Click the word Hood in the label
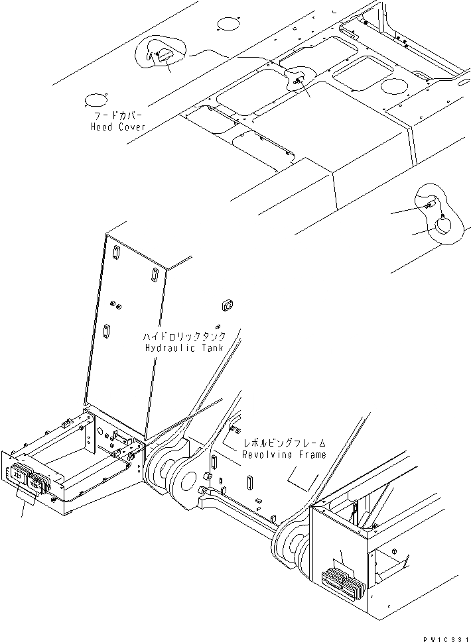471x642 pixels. coord(103,127)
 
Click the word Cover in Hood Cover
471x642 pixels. coord(131,127)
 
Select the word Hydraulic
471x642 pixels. coord(168,348)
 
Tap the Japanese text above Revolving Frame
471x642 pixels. coord(284,443)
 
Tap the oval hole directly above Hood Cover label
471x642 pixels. coord(95,101)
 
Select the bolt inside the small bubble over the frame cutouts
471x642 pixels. coord(298,80)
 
